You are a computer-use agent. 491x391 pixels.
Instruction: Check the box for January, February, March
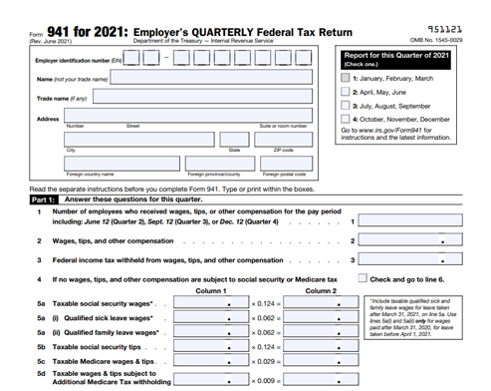(x=345, y=76)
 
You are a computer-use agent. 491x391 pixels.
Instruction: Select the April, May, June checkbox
(x=345, y=90)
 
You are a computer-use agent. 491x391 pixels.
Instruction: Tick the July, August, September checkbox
(x=345, y=104)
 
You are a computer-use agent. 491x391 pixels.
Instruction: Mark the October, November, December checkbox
(x=345, y=118)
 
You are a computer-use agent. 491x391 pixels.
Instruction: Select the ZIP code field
(x=285, y=139)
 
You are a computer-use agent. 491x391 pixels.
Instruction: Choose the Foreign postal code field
(x=285, y=163)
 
